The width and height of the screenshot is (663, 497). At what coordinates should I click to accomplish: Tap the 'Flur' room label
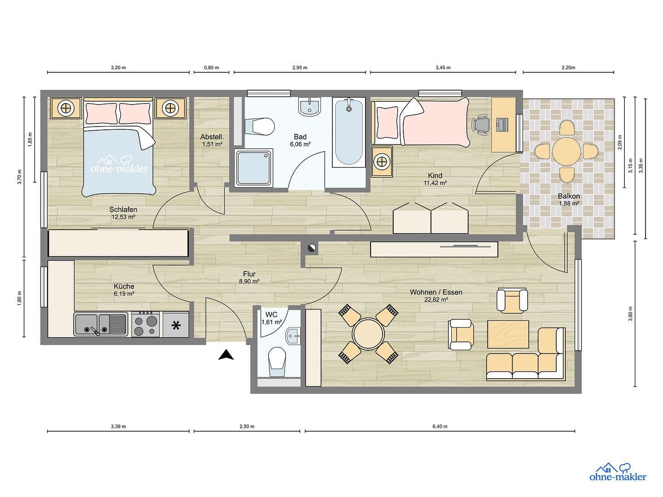249,274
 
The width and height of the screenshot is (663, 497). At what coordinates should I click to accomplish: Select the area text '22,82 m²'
436,299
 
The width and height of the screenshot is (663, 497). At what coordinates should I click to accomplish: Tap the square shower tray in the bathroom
255,168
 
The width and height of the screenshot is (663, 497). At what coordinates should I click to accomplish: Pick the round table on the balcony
566,150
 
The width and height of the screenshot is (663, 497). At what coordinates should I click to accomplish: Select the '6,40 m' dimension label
440,427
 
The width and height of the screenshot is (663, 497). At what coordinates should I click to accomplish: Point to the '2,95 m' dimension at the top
299,68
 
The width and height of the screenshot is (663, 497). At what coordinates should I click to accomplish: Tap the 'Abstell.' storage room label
212,137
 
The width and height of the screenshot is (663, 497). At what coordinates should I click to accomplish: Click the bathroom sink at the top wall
309,107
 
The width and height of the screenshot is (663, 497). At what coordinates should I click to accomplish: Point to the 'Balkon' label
569,196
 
